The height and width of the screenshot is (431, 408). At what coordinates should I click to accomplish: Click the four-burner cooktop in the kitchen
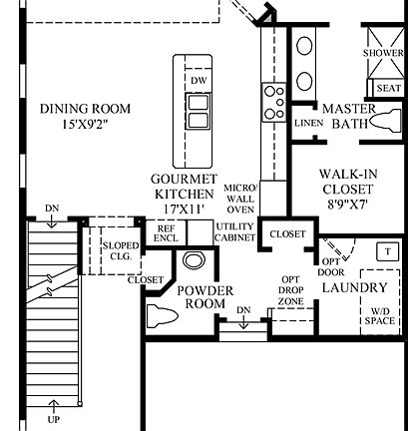tap(273, 99)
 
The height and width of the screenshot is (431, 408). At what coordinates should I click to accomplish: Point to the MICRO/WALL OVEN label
tap(240, 199)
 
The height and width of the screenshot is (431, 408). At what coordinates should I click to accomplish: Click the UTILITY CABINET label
tap(234, 232)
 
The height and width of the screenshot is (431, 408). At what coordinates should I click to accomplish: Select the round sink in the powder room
tap(194, 261)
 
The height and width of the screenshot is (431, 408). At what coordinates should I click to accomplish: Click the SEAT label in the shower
tap(389, 88)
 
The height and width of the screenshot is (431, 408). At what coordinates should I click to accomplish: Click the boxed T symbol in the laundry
tap(385, 250)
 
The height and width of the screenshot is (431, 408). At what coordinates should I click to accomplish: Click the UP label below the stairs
tap(53, 419)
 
